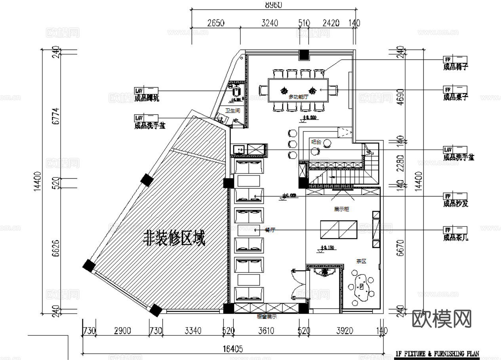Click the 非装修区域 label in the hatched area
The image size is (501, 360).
coord(174,239)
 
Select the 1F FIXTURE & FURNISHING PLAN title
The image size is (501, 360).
coord(438,354)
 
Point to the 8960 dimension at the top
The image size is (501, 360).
coord(273,5)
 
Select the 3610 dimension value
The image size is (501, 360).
coord(266,331)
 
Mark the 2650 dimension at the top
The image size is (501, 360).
coord(216,23)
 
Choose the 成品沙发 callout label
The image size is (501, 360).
coord(455,204)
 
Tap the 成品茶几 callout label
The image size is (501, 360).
coord(455,238)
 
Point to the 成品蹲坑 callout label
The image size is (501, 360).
coord(147,99)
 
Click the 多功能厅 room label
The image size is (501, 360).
coord(297,97)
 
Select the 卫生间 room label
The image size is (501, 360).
coord(232,110)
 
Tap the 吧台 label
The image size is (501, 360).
coord(316,141)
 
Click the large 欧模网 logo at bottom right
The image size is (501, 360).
coord(442,319)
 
